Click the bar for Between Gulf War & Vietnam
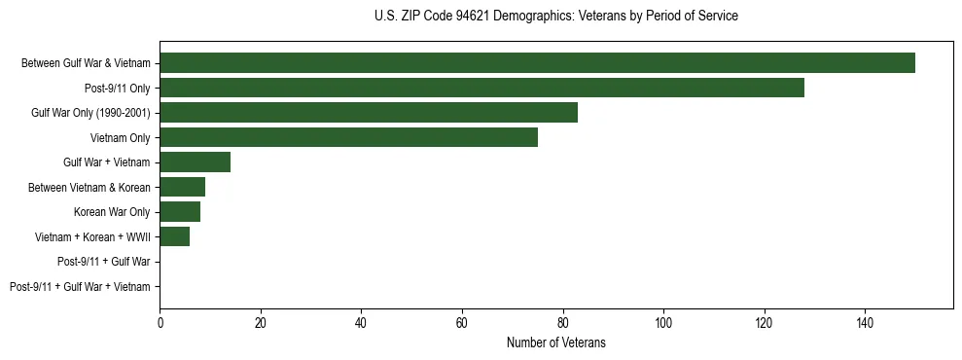pos(537,63)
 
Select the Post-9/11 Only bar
pos(481,88)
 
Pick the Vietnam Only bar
pos(348,137)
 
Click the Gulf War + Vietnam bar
pos(195,162)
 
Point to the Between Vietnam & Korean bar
pos(182,187)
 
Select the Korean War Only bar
pos(180,212)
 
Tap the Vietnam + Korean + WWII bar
pos(175,236)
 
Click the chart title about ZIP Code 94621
pos(555,17)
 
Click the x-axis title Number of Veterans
pos(555,342)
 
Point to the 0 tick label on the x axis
pos(160,320)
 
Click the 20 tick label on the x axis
pos(261,320)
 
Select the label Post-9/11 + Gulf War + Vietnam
pos(80,287)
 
